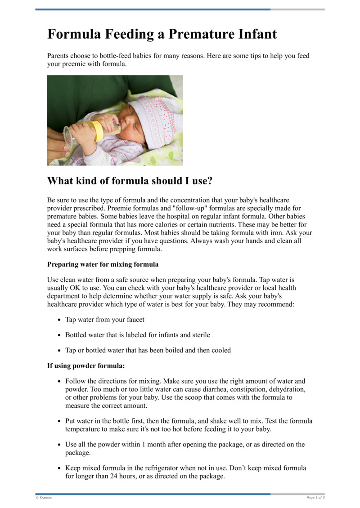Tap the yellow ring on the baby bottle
click(x=97, y=131)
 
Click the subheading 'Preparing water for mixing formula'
click(x=103, y=264)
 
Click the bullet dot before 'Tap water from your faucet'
click(x=59, y=320)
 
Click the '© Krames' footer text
click(x=44, y=498)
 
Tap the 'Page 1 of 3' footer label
click(x=315, y=498)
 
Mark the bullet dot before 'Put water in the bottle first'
click(x=59, y=422)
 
